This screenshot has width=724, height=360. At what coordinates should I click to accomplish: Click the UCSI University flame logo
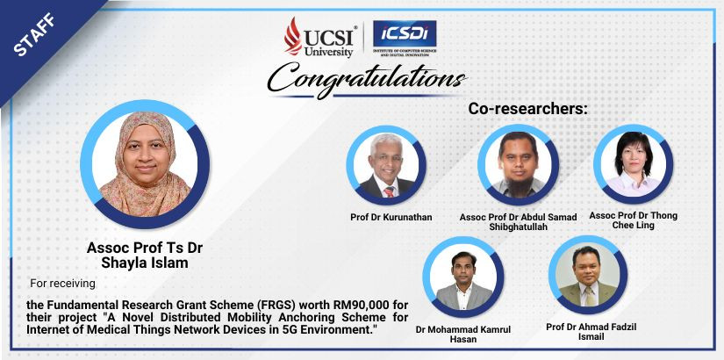[x=293, y=36]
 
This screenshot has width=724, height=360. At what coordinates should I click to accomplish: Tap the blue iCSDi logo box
[x=405, y=33]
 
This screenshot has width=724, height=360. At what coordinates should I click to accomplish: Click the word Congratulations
[x=367, y=79]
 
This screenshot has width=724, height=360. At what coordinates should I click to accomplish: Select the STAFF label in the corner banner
[x=34, y=34]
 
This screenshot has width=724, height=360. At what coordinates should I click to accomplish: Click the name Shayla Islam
[x=145, y=263]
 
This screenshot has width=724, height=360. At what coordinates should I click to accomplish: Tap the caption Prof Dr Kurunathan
[x=391, y=217]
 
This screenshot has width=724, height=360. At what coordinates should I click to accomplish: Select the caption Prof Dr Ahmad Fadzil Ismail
[x=591, y=332]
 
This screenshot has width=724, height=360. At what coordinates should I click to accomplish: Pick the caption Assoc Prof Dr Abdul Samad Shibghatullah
[x=518, y=222]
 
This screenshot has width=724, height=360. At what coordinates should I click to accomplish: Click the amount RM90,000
[x=348, y=306]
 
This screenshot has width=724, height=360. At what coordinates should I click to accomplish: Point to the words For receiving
[x=63, y=284]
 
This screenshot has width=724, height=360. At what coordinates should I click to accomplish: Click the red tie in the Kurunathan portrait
[x=390, y=191]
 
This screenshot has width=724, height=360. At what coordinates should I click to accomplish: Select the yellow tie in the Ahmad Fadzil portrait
[x=590, y=296]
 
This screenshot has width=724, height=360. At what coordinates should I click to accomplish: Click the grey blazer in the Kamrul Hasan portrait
[x=462, y=297]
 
